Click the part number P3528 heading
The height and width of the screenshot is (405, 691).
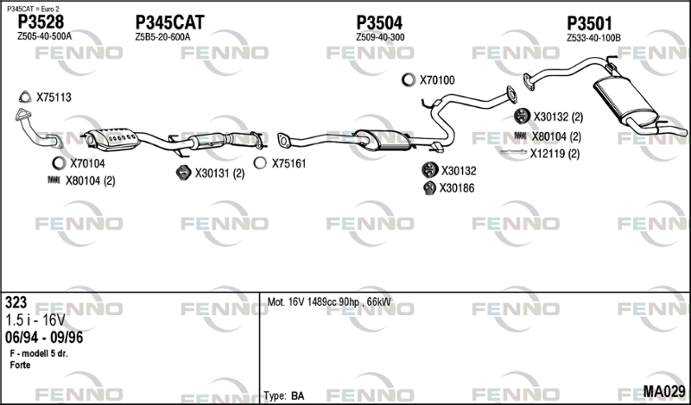point(41,22)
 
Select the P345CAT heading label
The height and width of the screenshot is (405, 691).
point(169,22)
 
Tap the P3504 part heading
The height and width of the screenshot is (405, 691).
point(379,22)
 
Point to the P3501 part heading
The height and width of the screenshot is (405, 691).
point(589,23)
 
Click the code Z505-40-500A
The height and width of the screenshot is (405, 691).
point(44,36)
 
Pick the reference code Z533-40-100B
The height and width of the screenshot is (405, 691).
point(593,38)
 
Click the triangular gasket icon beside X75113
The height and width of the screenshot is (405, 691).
point(25,97)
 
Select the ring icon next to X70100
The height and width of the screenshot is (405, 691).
point(409,79)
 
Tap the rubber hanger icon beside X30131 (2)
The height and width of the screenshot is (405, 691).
point(183,173)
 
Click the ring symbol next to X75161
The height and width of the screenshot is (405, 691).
point(260,163)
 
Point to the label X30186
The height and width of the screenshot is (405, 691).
point(457,188)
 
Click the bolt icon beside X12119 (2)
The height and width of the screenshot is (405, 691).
point(513,153)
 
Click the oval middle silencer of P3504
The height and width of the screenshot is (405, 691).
point(384,140)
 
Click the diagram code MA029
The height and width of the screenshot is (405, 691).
point(664,391)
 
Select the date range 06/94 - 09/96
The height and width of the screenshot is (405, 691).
point(44,338)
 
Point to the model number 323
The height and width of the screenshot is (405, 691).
point(16,302)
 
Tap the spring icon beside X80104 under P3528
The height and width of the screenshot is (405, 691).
point(54,180)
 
